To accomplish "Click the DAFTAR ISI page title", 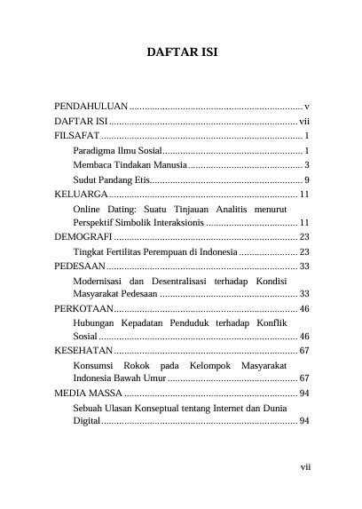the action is click(x=181, y=54).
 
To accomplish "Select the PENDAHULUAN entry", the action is click(x=91, y=106).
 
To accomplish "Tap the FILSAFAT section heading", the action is click(x=76, y=136).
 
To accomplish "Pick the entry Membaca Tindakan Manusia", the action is click(x=130, y=165).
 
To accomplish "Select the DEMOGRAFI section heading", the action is click(x=83, y=238).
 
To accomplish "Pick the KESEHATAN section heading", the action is click(x=84, y=353).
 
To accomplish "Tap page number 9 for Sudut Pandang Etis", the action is click(x=306, y=180).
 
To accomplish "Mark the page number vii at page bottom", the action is click(x=303, y=465).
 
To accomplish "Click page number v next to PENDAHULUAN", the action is click(x=306, y=106).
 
